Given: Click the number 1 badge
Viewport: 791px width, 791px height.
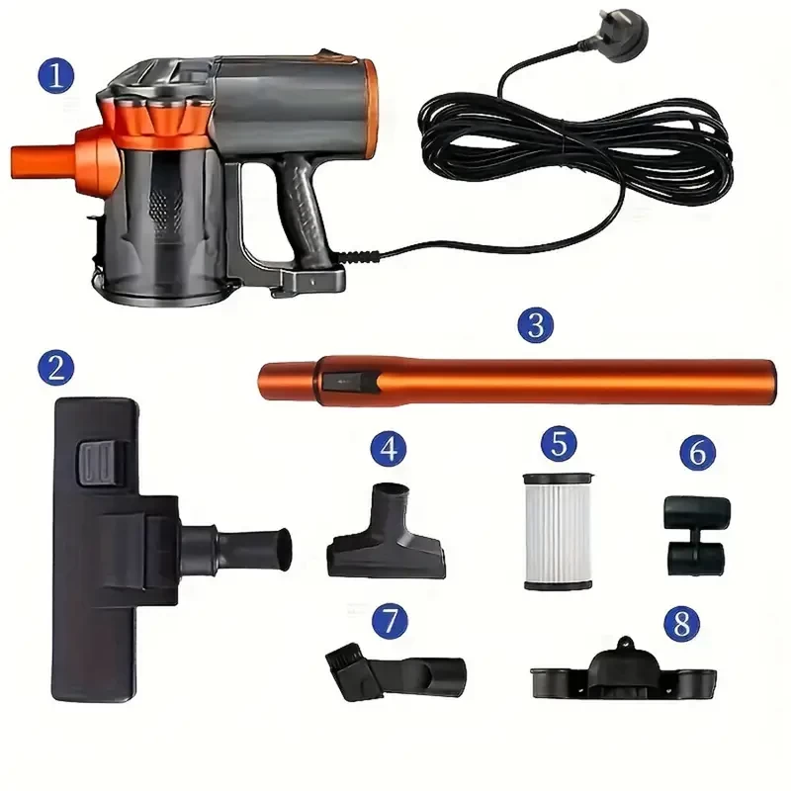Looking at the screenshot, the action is [56, 76].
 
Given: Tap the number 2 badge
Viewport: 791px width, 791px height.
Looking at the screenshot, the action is [56, 368].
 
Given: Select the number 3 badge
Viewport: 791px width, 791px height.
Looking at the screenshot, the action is [536, 325].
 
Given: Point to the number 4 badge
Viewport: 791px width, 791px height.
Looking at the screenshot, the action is [389, 449].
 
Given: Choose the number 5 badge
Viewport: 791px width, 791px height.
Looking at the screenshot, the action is [559, 443].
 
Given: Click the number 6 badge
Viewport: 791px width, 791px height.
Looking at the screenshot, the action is [698, 452].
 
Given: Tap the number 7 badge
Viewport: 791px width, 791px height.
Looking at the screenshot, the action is [390, 621].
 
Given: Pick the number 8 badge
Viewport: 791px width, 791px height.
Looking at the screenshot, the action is [681, 623].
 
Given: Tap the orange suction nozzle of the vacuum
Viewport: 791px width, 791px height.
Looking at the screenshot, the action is [43, 161].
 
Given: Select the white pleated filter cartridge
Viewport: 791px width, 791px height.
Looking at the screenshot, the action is [558, 531].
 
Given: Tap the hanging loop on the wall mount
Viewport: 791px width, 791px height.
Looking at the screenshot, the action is [626, 642].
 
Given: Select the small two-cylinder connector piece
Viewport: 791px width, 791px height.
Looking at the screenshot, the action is [697, 536].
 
